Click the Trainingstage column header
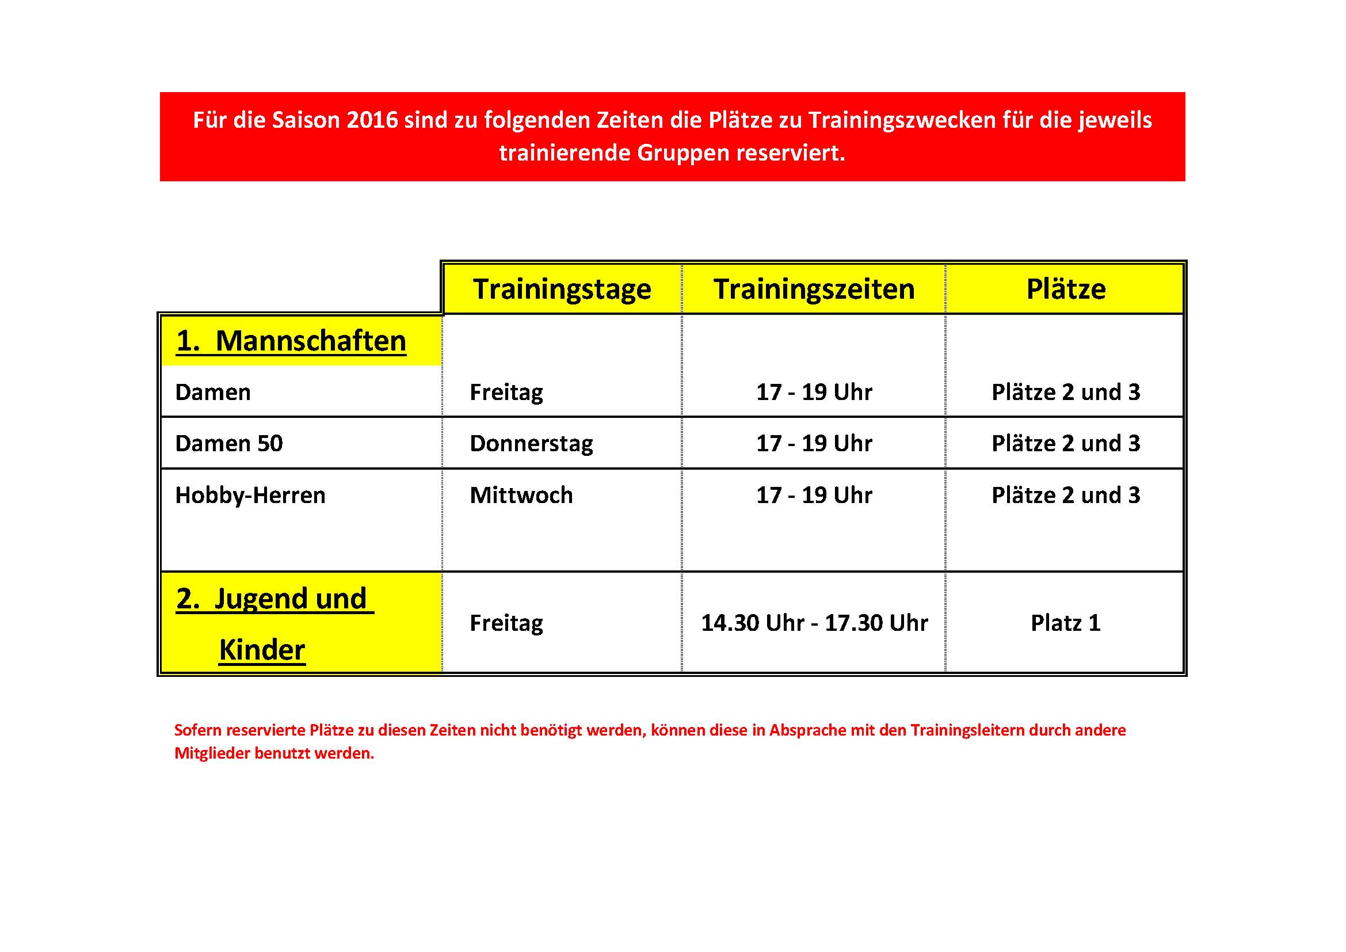[562, 289]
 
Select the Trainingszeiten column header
[814, 289]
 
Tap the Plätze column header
[1066, 289]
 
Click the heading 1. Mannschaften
[291, 341]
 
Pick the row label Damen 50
[228, 444]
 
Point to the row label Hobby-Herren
[250, 496]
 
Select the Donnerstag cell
[531, 444]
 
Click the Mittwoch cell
[521, 496]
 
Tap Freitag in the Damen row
[506, 392]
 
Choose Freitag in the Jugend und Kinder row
[506, 623]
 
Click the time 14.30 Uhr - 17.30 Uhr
[814, 623]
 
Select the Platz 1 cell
[1066, 623]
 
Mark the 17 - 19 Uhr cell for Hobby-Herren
[814, 496]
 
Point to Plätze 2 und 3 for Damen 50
[1066, 444]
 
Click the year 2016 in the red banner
[372, 120]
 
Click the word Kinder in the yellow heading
[262, 650]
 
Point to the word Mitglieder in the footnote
[212, 753]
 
